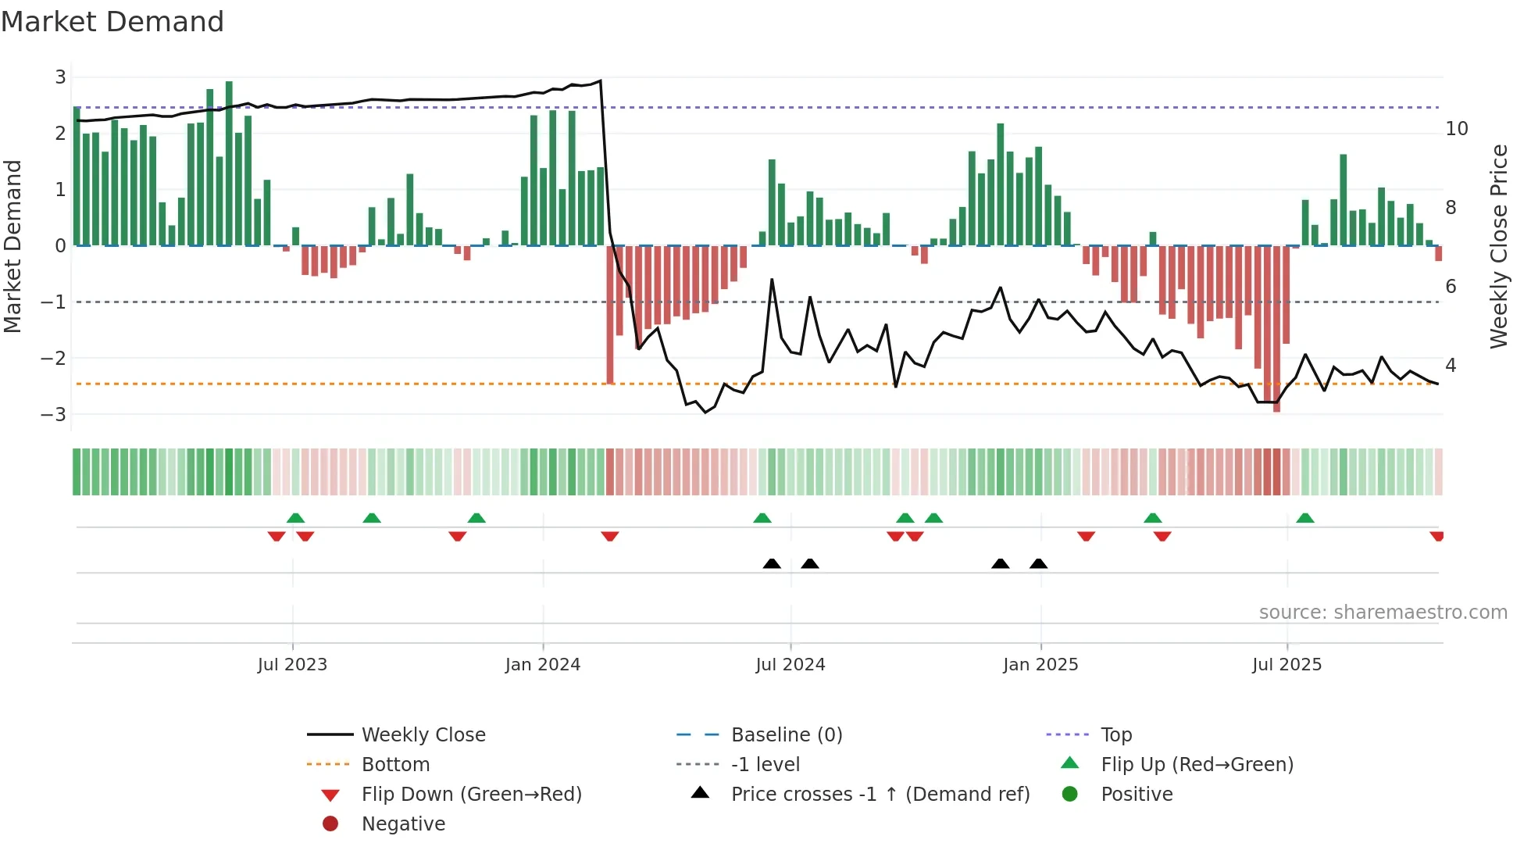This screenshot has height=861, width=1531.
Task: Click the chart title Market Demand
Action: [x=112, y=22]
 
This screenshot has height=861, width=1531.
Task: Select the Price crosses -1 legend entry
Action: [x=880, y=794]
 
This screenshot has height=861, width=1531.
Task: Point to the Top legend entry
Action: [x=1115, y=734]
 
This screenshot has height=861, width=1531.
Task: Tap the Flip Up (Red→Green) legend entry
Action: [x=1197, y=764]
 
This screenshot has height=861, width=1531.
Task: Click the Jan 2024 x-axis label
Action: [x=543, y=665]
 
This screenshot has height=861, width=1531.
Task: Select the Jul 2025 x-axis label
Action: [x=1287, y=665]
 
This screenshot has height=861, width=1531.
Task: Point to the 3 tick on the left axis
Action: [x=60, y=77]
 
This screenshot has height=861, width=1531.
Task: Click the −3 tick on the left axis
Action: [x=55, y=414]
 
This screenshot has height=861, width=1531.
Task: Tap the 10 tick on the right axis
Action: [x=1456, y=129]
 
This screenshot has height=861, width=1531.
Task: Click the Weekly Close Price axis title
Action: [x=1498, y=246]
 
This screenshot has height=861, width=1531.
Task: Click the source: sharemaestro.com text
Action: [x=1383, y=612]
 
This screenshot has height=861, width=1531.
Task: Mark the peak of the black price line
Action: [x=600, y=80]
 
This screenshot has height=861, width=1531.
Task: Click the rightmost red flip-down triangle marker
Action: [x=1436, y=536]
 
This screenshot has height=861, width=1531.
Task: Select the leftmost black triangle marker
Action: [x=772, y=563]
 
